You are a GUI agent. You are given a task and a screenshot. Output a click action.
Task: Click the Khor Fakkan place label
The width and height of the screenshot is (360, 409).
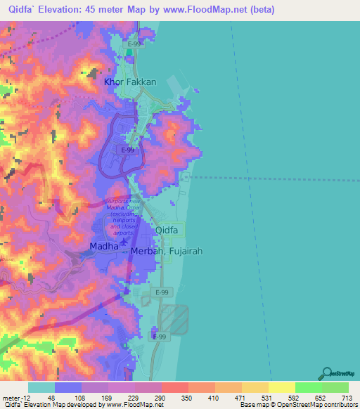tap(130, 82)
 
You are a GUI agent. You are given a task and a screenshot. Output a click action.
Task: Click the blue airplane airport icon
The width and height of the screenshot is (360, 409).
tap(124, 241)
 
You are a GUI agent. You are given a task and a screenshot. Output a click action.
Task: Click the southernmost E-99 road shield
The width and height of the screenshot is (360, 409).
tap(160, 337)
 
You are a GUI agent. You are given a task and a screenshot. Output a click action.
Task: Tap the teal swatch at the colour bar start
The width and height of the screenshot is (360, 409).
tap(41, 387)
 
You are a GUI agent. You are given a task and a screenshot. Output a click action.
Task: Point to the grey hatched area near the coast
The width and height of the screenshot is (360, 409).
tap(174, 315)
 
